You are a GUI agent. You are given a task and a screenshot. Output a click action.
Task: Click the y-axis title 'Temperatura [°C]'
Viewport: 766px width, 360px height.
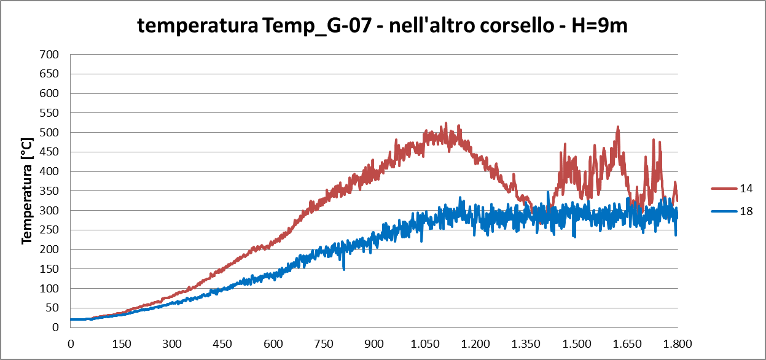(27, 190)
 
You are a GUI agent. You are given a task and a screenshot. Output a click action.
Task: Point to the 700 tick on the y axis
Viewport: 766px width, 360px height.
(50, 55)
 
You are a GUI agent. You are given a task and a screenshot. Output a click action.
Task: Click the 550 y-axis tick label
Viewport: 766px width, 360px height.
(50, 113)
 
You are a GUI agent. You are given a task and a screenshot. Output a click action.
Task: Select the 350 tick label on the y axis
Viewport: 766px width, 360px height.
(50, 191)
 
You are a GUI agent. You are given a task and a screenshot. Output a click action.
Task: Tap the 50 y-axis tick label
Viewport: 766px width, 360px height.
(52, 308)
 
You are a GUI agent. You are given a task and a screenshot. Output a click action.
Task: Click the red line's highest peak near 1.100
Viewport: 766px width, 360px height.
(446, 123)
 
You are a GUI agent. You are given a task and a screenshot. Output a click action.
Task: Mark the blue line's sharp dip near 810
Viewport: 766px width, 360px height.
(344, 268)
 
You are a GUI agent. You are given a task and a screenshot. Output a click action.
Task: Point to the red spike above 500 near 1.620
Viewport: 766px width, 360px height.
(618, 127)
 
